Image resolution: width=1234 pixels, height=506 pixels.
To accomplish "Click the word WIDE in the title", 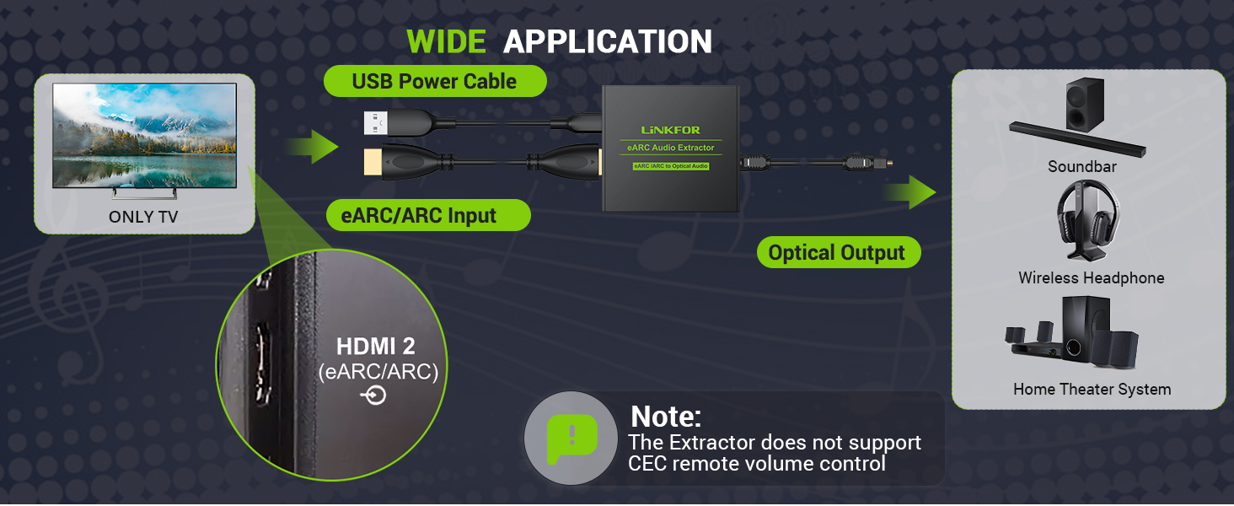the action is click(x=446, y=41).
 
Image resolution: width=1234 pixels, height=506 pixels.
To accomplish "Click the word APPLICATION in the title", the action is click(x=608, y=41).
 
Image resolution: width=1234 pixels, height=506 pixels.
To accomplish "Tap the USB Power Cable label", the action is click(x=435, y=82).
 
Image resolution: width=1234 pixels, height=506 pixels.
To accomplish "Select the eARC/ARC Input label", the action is click(x=428, y=215).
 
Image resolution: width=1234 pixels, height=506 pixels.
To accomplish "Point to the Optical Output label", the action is click(x=839, y=252).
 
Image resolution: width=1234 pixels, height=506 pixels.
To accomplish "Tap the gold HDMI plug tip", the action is click(x=373, y=162).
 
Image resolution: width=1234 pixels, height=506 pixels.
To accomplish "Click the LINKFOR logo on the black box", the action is click(x=670, y=130).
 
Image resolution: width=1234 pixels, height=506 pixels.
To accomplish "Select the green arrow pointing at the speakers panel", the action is click(x=909, y=192).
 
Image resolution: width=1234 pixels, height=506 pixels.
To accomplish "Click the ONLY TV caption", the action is click(x=143, y=217).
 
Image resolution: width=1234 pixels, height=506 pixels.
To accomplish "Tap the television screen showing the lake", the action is click(x=144, y=136).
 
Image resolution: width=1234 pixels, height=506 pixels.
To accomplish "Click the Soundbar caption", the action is click(x=1082, y=166).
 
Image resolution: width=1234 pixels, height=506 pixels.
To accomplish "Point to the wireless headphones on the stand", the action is click(x=1088, y=220).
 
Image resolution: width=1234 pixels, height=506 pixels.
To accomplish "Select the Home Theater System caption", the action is click(x=1092, y=389).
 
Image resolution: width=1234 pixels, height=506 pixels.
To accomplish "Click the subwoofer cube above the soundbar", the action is click(x=1085, y=105).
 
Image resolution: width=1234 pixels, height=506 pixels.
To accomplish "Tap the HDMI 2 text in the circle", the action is click(x=376, y=346).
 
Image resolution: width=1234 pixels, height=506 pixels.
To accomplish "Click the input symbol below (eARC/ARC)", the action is click(x=373, y=396).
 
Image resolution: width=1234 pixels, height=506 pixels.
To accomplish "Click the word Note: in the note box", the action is click(x=666, y=416).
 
